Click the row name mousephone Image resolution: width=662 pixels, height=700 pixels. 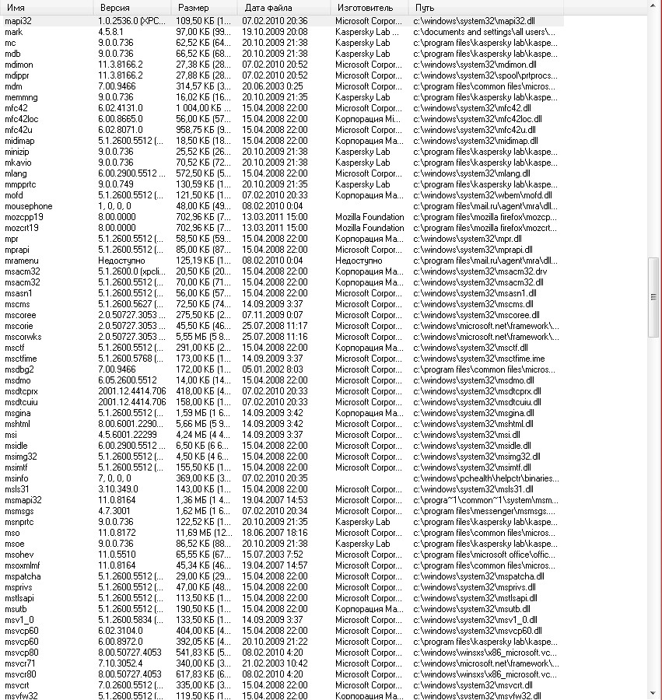click(29, 206)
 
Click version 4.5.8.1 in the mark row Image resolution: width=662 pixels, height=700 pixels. click(112, 32)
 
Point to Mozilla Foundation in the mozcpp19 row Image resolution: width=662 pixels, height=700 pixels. click(370, 217)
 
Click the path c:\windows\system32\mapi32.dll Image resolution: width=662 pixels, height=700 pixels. click(478, 21)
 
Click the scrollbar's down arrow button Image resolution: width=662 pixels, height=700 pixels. click(653, 693)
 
